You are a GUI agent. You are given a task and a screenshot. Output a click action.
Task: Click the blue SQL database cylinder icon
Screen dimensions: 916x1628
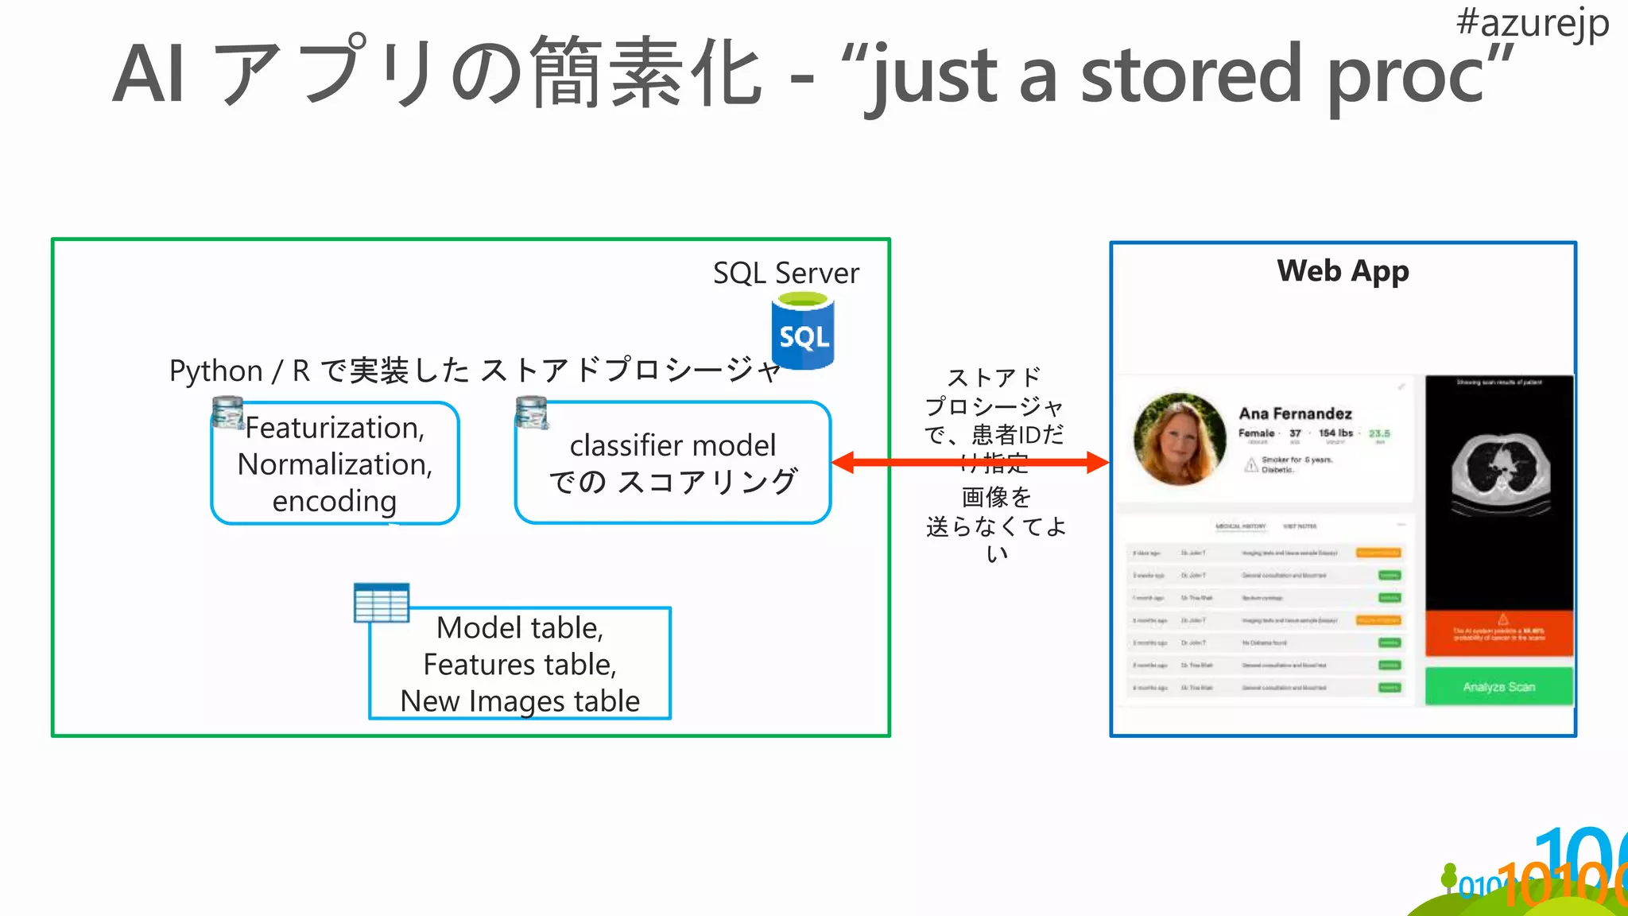(803, 332)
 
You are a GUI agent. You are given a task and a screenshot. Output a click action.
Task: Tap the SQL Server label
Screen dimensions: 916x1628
(785, 273)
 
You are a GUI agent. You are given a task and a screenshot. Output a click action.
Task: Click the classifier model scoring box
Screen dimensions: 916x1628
(673, 464)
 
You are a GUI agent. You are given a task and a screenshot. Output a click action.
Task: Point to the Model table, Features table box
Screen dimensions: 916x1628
(520, 664)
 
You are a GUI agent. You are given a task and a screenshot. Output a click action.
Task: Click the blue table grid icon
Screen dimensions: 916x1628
(382, 603)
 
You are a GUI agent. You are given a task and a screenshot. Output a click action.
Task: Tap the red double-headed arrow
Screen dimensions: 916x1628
(969, 462)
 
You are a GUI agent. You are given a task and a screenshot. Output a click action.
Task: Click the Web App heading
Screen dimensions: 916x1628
(1343, 271)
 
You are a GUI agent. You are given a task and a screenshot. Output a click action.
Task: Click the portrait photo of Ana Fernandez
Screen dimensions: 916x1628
(1180, 438)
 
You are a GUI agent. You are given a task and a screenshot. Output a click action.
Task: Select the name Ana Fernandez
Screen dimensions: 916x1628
(1295, 413)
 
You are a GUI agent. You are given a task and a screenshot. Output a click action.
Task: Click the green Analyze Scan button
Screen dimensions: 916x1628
(1498, 686)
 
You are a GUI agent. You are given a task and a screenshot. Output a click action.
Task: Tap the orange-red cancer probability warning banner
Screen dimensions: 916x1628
(1498, 634)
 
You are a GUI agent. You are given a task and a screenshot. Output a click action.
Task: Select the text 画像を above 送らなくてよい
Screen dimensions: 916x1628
(996, 497)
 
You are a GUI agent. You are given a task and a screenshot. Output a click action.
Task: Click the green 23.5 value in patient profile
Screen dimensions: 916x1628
(1379, 433)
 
